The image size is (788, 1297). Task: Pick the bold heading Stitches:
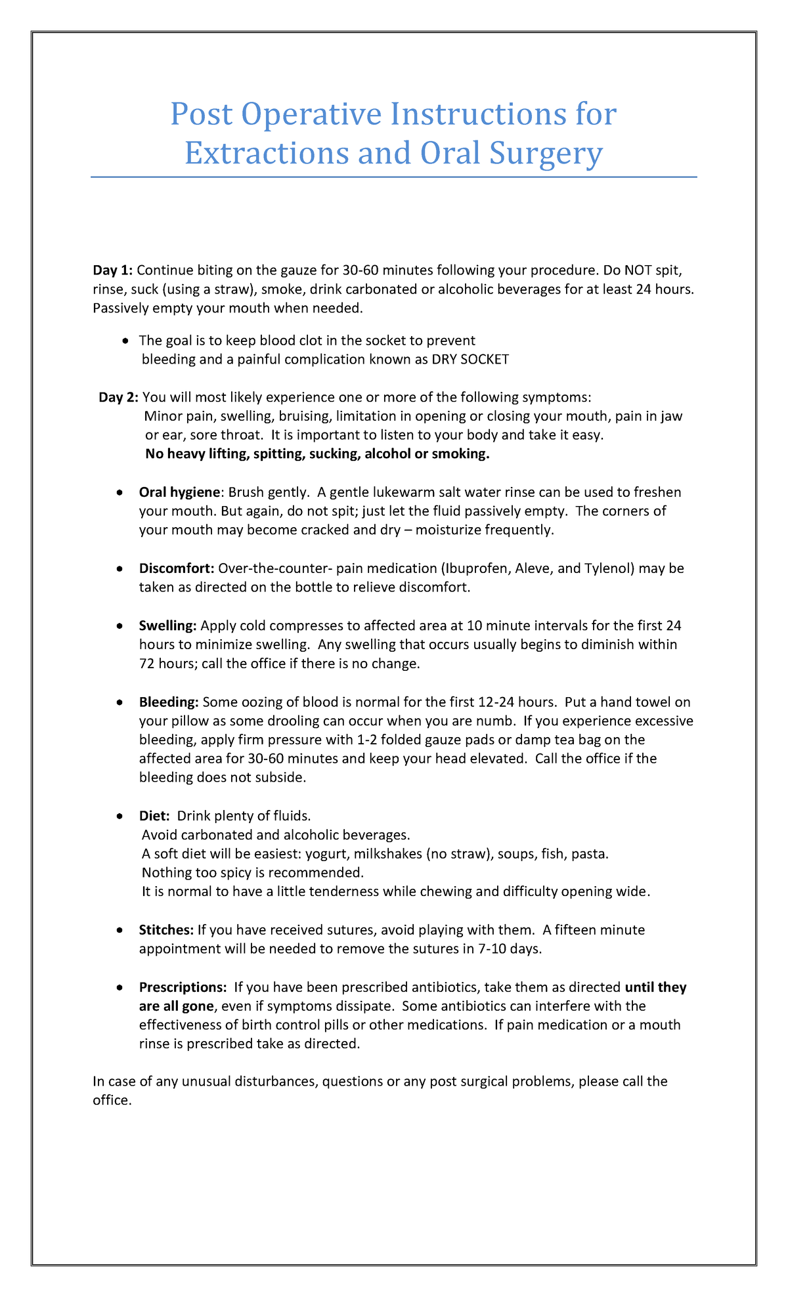[166, 930]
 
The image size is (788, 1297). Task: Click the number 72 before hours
[147, 664]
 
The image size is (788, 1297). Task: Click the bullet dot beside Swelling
[119, 626]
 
